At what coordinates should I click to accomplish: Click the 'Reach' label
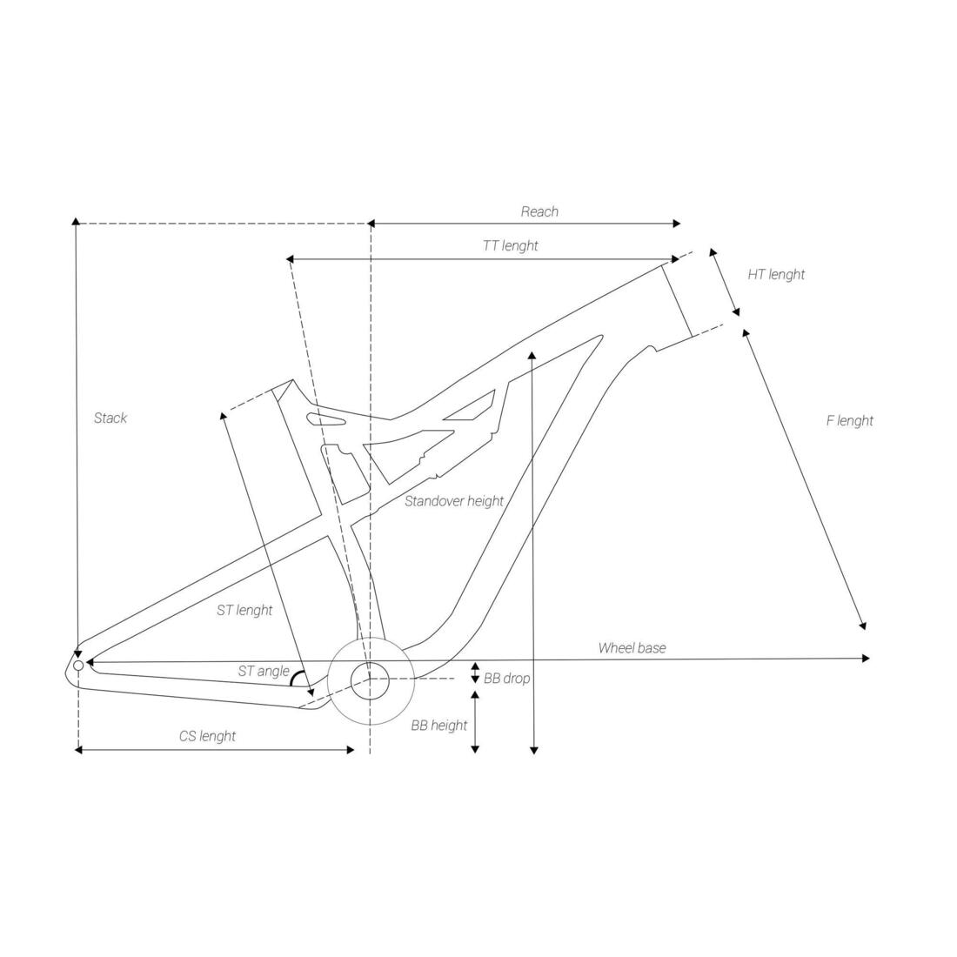click(539, 211)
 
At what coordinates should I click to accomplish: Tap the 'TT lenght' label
click(511, 246)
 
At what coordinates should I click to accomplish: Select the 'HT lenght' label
click(776, 275)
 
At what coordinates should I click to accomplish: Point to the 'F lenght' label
click(850, 420)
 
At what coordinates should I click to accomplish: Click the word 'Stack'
click(110, 418)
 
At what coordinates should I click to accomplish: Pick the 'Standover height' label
click(455, 502)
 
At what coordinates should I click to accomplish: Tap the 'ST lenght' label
click(244, 611)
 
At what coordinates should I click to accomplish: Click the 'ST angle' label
click(264, 672)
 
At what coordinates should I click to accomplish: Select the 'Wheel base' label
click(632, 648)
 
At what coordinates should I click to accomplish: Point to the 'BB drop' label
click(507, 679)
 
